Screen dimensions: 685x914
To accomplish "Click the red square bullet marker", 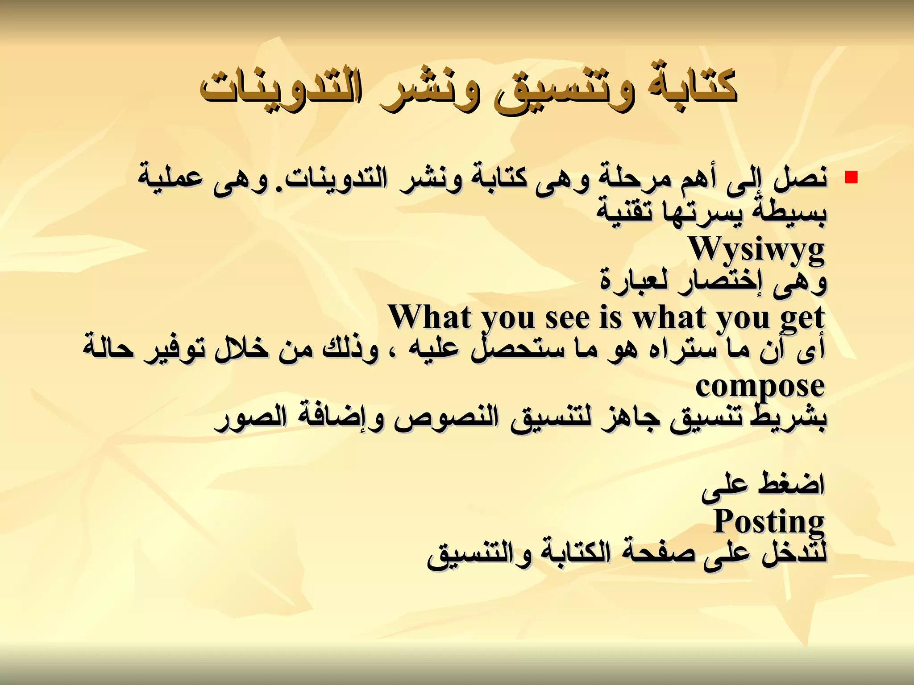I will point(852,177).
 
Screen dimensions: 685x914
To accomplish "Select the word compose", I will point(760,387).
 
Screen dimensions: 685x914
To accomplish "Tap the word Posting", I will point(769,521).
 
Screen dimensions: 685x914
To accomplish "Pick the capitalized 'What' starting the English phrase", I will point(429,317).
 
